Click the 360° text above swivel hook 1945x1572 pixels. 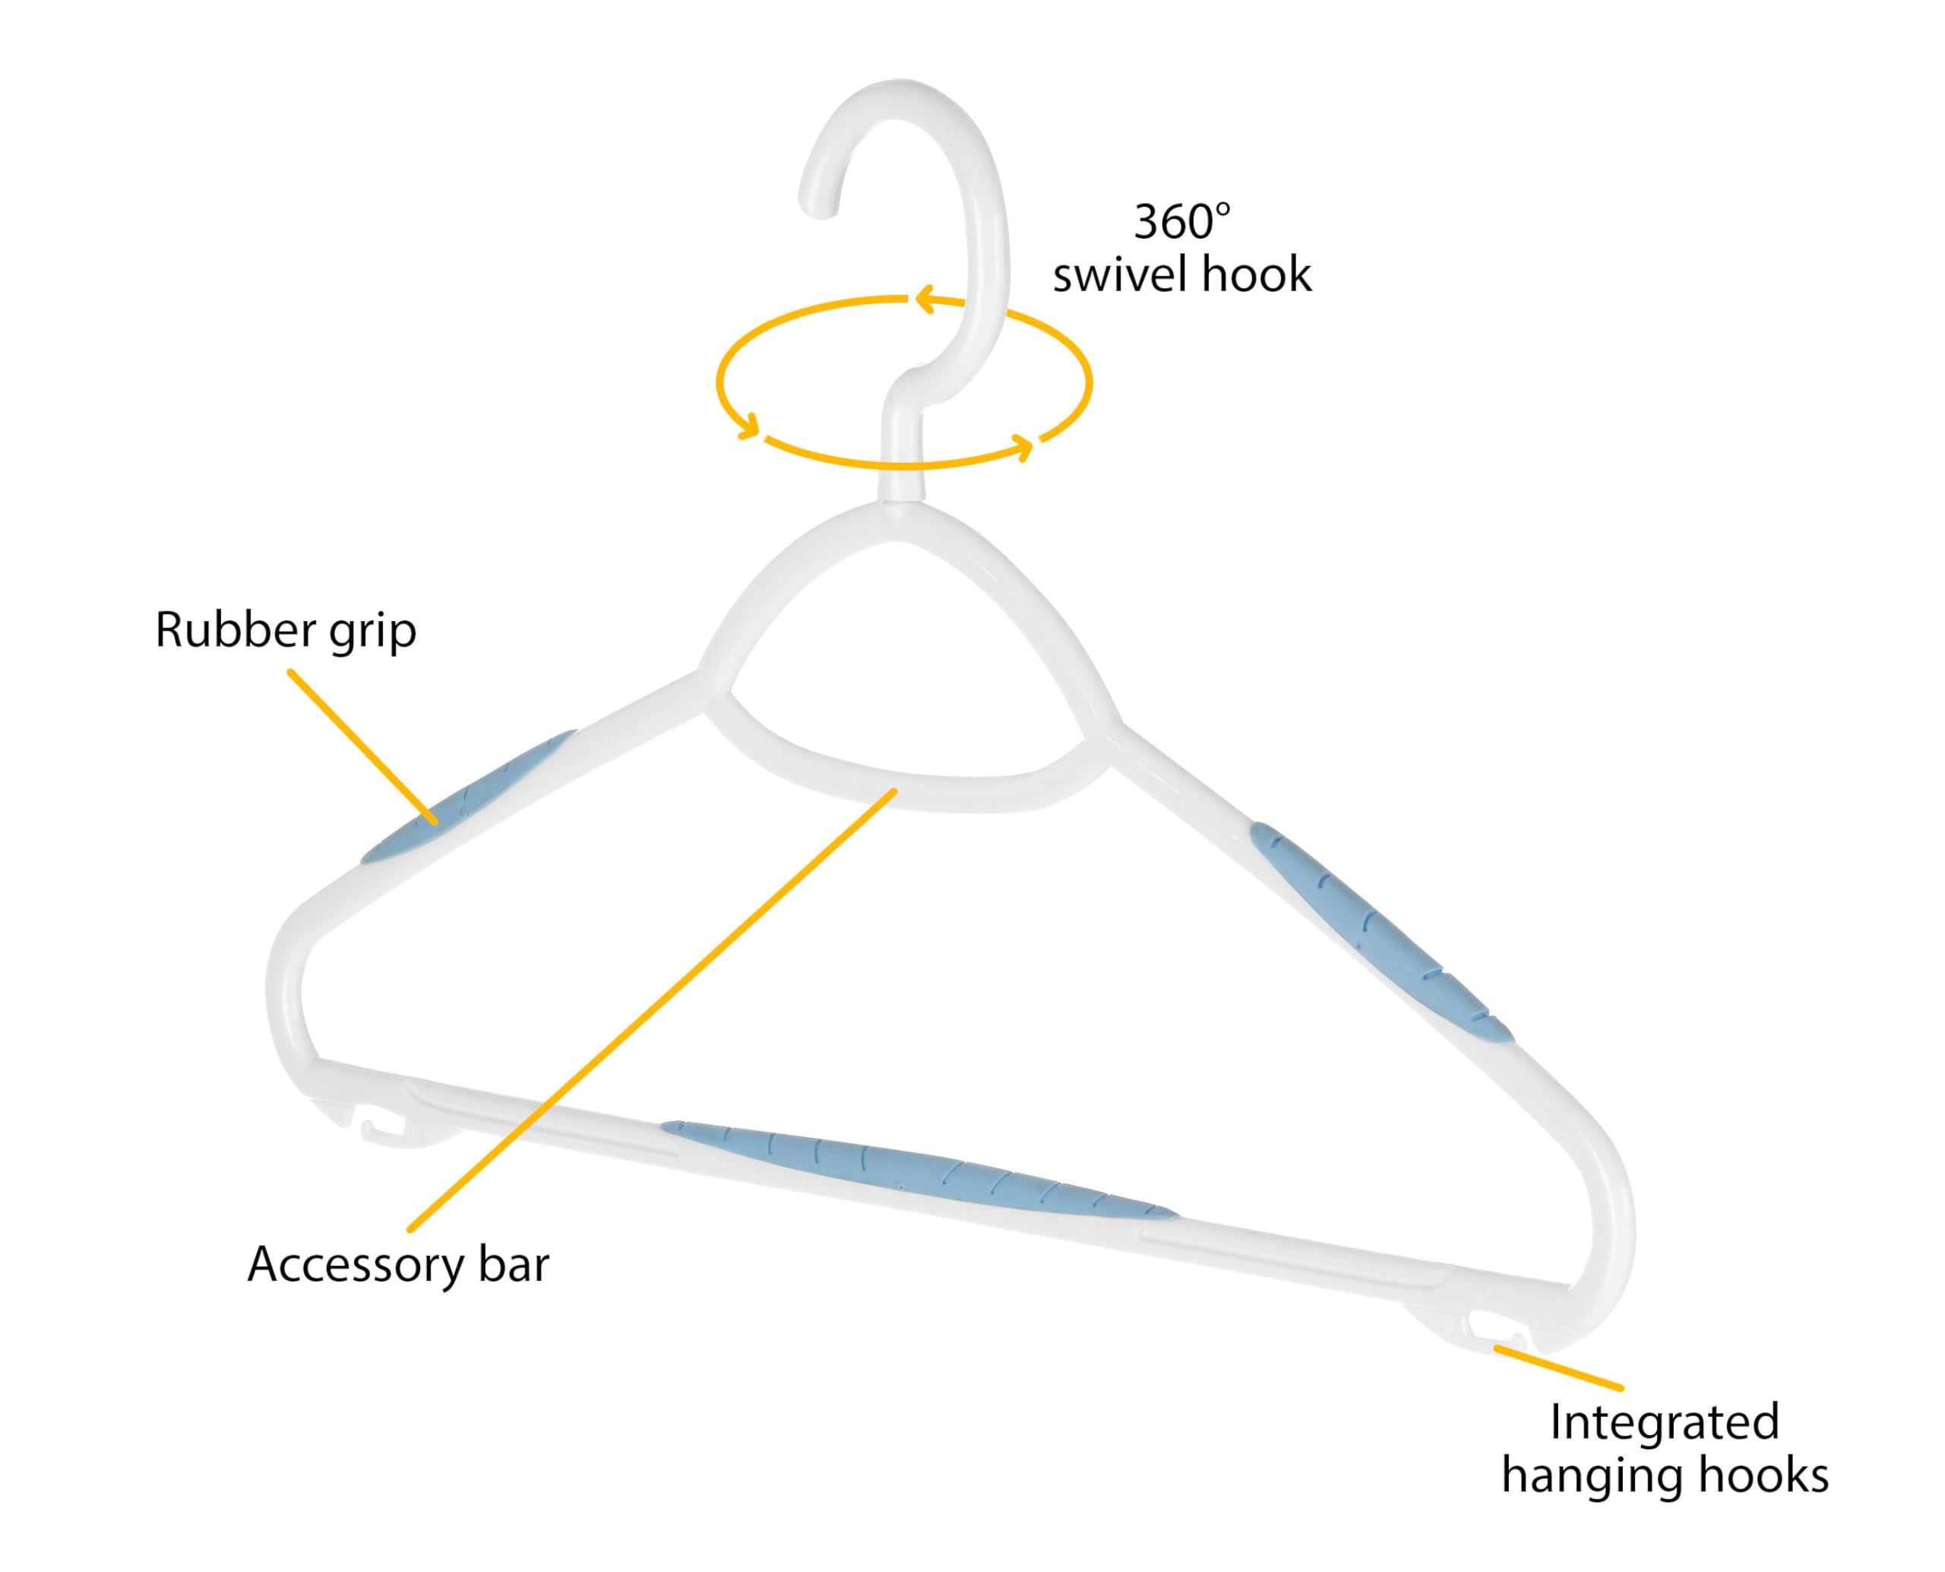(x=1182, y=222)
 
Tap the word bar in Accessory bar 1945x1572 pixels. (x=514, y=1264)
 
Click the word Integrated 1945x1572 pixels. (x=1665, y=1422)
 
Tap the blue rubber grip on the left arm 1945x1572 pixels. (x=467, y=797)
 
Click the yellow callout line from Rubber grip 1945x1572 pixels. (x=363, y=747)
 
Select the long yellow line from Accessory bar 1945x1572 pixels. (x=652, y=1009)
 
